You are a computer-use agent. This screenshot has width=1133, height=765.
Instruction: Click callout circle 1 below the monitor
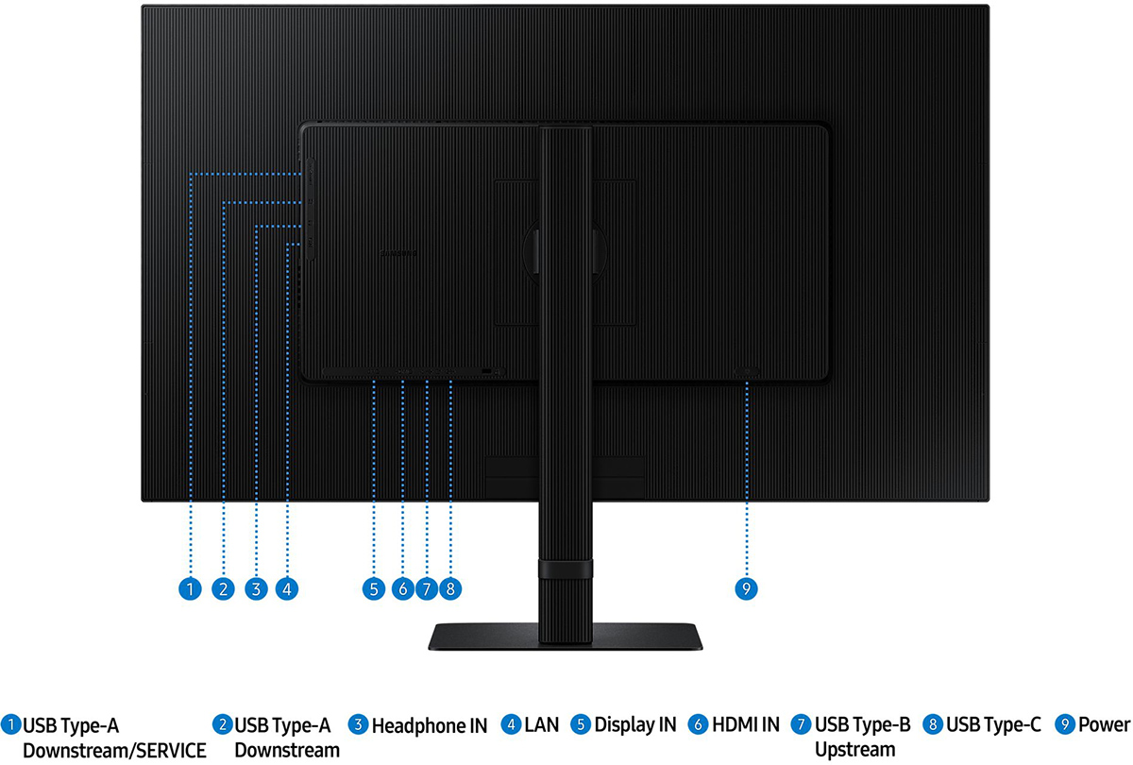[x=190, y=589]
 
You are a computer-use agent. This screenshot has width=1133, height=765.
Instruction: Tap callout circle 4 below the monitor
[x=287, y=589]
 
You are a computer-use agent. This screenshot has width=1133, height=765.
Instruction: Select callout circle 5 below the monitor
[x=374, y=589]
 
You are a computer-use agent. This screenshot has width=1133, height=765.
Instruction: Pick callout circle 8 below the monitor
[x=450, y=589]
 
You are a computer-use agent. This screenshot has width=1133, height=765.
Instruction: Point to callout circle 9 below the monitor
[x=746, y=589]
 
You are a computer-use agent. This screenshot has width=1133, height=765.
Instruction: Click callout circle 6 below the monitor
[x=402, y=589]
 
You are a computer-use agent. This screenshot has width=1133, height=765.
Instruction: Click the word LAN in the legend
[x=542, y=725]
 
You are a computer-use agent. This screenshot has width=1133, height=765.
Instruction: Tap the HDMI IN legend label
[x=746, y=725]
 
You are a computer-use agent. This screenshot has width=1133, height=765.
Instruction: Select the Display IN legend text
[x=635, y=725]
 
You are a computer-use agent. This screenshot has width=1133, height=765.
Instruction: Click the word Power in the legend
[x=1104, y=725]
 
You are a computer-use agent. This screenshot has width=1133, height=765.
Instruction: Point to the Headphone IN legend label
[x=430, y=726]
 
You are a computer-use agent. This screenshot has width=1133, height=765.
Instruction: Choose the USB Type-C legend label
[x=993, y=725]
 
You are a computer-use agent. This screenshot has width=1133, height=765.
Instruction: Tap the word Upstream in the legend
[x=854, y=750]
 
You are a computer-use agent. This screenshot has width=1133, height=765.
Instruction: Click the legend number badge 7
[x=801, y=724]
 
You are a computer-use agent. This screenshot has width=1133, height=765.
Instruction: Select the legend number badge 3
[x=358, y=724]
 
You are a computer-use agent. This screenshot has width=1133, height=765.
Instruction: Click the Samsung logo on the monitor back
[x=398, y=253]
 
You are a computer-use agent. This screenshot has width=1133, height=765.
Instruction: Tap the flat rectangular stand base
[x=565, y=637]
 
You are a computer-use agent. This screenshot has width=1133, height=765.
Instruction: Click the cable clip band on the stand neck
[x=566, y=569]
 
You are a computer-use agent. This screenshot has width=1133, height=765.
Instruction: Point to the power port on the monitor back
[x=747, y=372]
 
